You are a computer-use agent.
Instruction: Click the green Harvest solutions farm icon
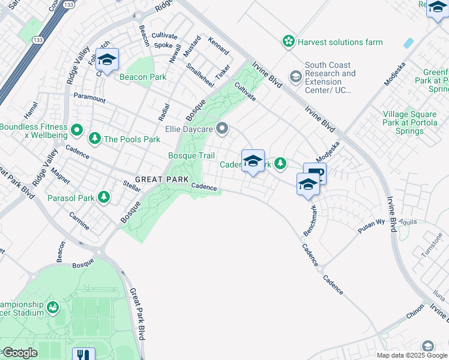point(289,42)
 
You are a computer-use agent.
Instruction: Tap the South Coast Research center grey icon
point(295,77)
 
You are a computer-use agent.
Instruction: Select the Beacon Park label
point(142,77)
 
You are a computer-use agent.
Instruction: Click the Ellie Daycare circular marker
point(223,128)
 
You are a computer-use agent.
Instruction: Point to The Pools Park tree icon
point(94,139)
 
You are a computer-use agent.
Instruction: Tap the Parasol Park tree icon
point(104,197)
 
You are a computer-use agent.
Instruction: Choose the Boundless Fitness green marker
point(77,130)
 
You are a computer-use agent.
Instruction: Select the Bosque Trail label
point(191,156)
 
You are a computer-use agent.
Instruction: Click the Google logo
point(19,353)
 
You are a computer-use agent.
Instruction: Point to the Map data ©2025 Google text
point(412,355)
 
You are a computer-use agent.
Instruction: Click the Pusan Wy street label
point(372,223)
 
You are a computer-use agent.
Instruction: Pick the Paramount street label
point(89,97)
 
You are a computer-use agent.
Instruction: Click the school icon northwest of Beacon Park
point(107,59)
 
